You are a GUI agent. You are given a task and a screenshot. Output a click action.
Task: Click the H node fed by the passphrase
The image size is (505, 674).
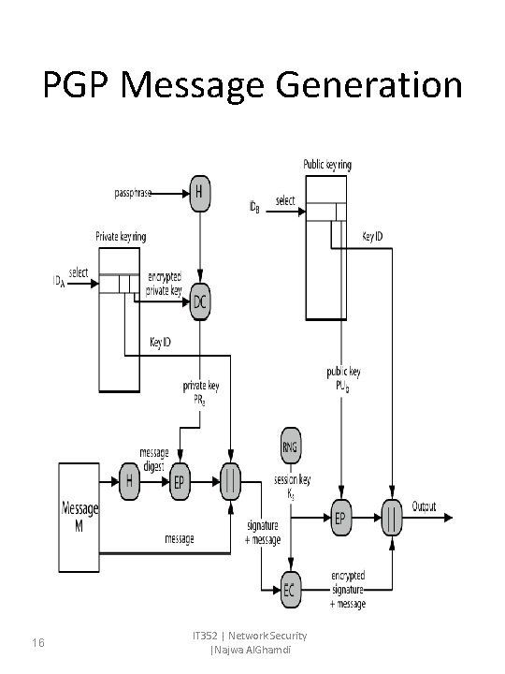197,195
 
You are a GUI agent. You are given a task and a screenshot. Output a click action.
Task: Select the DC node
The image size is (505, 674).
199,303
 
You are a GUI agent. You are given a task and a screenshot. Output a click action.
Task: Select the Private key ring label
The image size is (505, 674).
121,236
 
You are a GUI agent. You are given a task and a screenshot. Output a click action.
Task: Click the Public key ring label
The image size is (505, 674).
326,165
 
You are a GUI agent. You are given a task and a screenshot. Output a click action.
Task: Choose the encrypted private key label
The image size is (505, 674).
170,285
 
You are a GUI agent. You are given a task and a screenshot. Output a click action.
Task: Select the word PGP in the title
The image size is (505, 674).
78,86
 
